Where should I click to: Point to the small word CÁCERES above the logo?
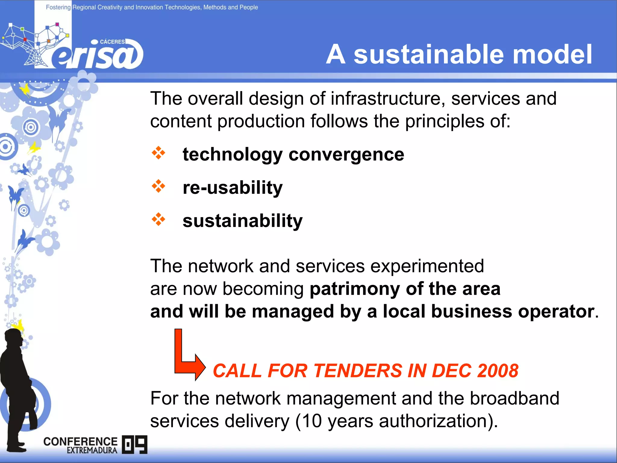[x=112, y=42]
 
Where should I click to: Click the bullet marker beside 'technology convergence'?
[x=158, y=153]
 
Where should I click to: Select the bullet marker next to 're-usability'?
[x=158, y=186]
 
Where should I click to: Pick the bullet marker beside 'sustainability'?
[x=158, y=219]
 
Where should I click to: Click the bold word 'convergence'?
[x=346, y=155]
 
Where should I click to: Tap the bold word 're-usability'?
[x=233, y=188]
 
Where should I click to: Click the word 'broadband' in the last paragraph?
[x=514, y=398]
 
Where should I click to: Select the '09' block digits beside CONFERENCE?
[x=135, y=444]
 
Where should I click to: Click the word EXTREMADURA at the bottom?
[x=92, y=450]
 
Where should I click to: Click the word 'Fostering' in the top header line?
[x=58, y=7]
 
